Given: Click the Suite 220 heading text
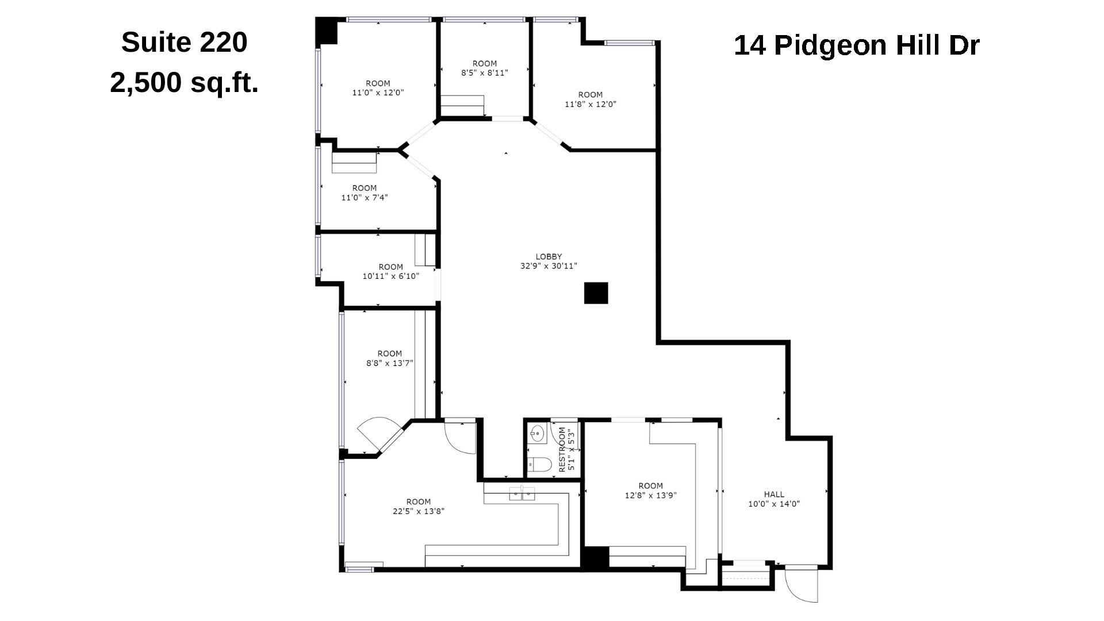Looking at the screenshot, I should pyautogui.click(x=184, y=43).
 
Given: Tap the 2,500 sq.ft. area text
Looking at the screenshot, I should pyautogui.click(x=184, y=83).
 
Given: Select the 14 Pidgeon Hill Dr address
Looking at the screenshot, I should pyautogui.click(x=856, y=45).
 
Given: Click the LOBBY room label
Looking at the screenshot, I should pyautogui.click(x=549, y=256).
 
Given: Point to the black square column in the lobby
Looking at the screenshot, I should pyautogui.click(x=596, y=293).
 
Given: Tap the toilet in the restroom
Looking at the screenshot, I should pyautogui.click(x=539, y=463).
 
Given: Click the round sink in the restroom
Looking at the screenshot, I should pyautogui.click(x=538, y=433).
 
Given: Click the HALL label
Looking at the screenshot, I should pyautogui.click(x=774, y=494).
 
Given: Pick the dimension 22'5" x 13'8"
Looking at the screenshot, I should pyautogui.click(x=418, y=511).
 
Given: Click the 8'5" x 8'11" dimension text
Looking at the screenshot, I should pyautogui.click(x=484, y=73).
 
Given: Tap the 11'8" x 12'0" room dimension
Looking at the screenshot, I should pyautogui.click(x=590, y=104).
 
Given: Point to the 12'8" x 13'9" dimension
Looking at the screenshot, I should pyautogui.click(x=650, y=495).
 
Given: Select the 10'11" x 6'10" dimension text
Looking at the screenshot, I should pyautogui.click(x=390, y=276).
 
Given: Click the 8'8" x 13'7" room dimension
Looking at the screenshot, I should pyautogui.click(x=389, y=363).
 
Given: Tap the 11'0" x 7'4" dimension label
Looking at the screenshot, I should pyautogui.click(x=364, y=197).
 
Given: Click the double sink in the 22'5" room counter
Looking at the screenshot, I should pyautogui.click(x=522, y=493).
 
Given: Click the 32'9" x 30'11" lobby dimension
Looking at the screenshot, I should pyautogui.click(x=549, y=266).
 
